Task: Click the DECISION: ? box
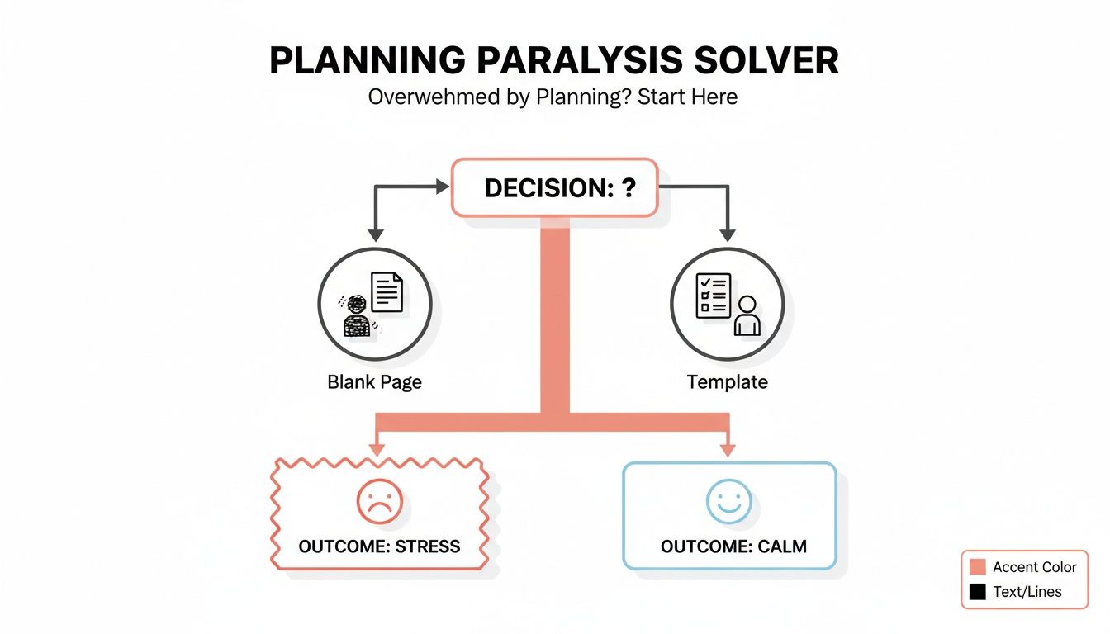554,188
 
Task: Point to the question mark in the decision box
629,188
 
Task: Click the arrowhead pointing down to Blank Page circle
375,236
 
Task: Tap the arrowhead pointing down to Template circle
728,236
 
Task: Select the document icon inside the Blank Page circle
387,292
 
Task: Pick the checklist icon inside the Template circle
712,295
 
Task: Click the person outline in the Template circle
747,316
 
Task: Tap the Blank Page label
374,382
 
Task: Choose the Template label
727,382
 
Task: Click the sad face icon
379,501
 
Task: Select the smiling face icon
729,501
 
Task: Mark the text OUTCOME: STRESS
379,546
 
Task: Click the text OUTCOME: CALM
733,546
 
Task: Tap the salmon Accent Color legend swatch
978,567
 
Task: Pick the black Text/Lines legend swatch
978,591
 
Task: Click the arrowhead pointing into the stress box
377,449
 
